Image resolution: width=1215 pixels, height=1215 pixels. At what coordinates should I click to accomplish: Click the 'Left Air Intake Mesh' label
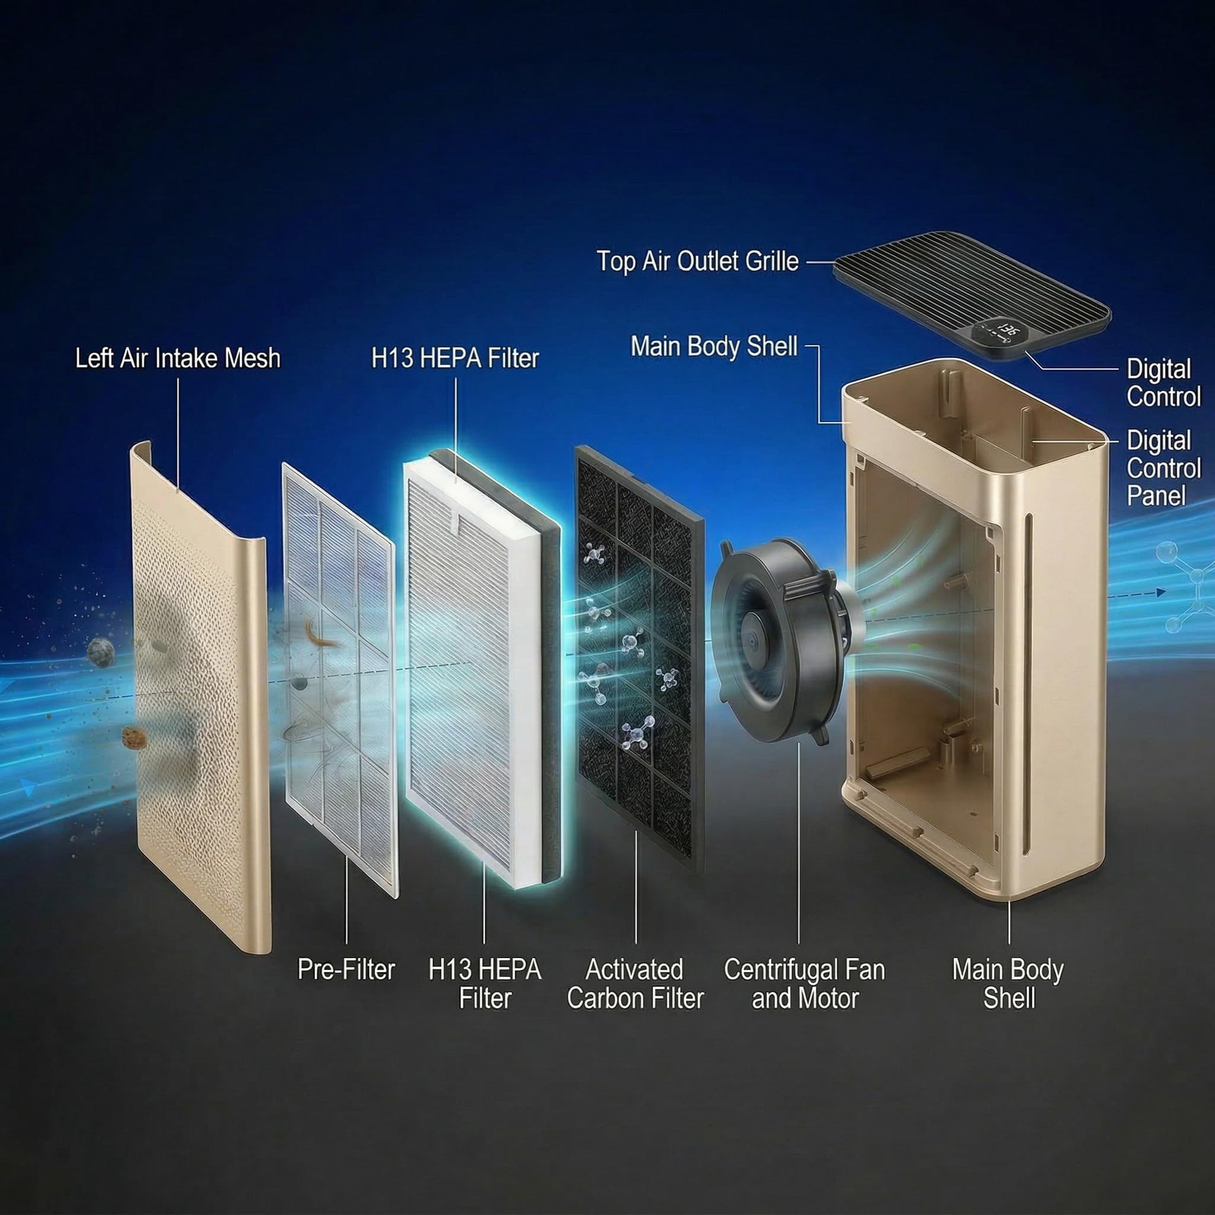click(x=178, y=358)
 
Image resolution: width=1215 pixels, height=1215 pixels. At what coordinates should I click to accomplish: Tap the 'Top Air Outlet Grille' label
click(x=697, y=261)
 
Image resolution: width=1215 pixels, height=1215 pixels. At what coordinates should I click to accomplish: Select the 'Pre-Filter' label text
click(x=346, y=969)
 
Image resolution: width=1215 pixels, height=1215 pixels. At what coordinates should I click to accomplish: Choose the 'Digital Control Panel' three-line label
click(x=1163, y=468)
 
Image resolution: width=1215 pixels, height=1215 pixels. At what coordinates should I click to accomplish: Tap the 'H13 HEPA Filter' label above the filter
click(x=454, y=358)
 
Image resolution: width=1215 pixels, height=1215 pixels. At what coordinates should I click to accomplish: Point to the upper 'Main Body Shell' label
click(x=714, y=346)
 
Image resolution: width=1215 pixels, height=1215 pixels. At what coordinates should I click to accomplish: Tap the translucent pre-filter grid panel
click(x=339, y=677)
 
